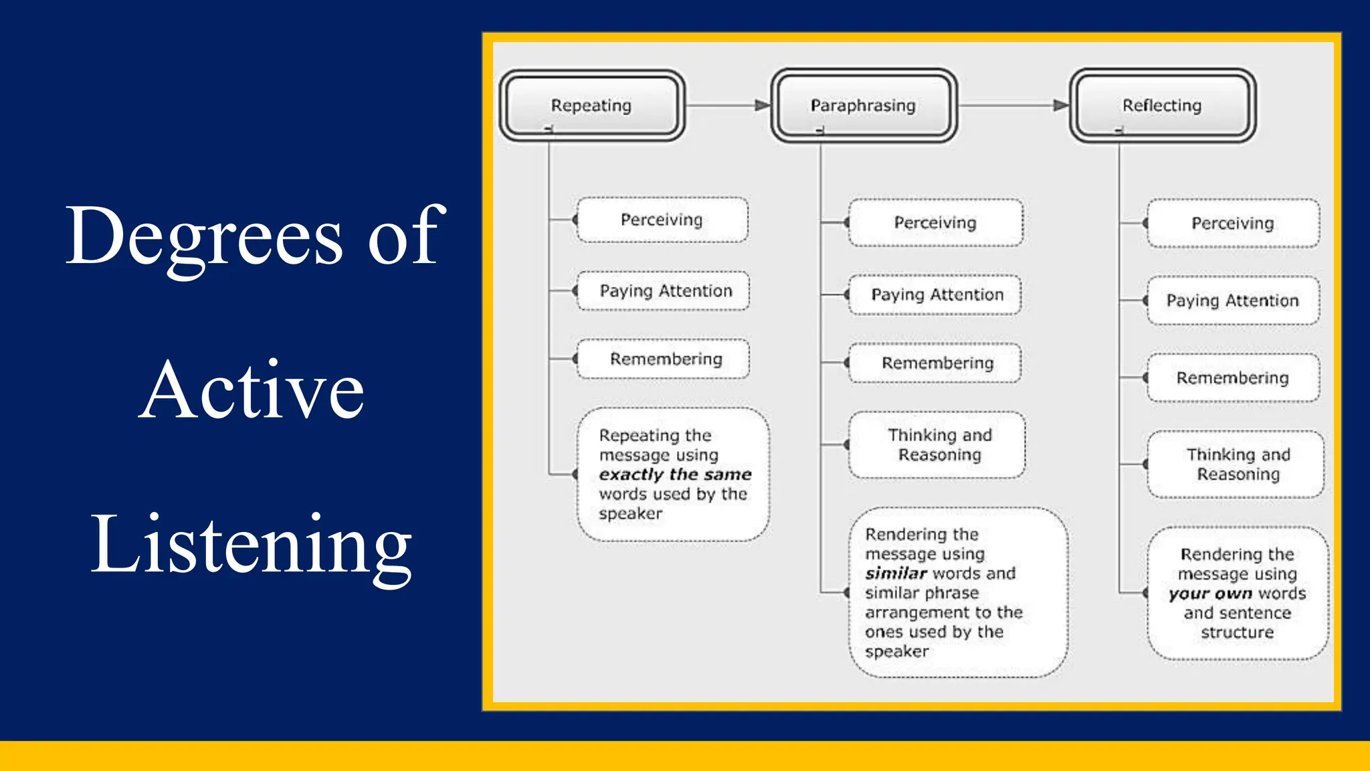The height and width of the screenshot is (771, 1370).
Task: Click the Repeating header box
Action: point(591,105)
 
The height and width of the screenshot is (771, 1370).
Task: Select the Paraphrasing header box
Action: point(863,105)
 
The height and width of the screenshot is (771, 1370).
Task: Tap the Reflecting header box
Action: point(1162,105)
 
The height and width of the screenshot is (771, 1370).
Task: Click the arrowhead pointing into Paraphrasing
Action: point(763,105)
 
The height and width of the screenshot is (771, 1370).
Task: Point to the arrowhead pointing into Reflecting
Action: point(1061,105)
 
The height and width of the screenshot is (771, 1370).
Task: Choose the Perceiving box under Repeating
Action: point(662,220)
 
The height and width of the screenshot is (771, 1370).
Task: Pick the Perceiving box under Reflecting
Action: point(1232,223)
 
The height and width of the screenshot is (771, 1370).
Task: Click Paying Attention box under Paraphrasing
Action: point(936,294)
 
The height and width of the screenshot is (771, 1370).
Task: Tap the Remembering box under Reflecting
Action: point(1232,377)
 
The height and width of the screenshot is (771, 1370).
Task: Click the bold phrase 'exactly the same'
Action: point(675,475)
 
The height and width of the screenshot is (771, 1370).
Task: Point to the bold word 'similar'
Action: point(896,574)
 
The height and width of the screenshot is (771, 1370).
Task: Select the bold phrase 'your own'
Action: point(1210,594)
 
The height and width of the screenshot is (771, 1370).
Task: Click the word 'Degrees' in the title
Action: point(204,236)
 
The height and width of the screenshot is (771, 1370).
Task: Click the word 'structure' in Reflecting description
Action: point(1237,632)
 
